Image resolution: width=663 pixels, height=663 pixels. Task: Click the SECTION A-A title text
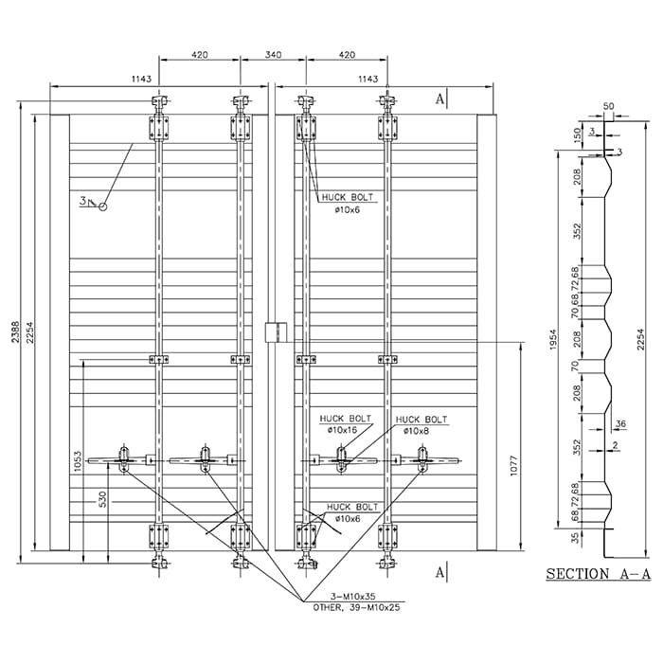click(x=598, y=574)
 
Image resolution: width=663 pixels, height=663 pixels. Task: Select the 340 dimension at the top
click(x=273, y=55)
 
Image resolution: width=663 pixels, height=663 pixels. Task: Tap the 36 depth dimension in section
click(x=621, y=424)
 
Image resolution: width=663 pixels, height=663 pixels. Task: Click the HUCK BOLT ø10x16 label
click(x=343, y=424)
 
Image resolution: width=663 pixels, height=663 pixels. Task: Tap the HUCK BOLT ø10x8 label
click(x=421, y=424)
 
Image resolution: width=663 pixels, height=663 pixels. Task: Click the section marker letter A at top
click(x=439, y=99)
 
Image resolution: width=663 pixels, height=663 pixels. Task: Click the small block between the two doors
click(x=274, y=331)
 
